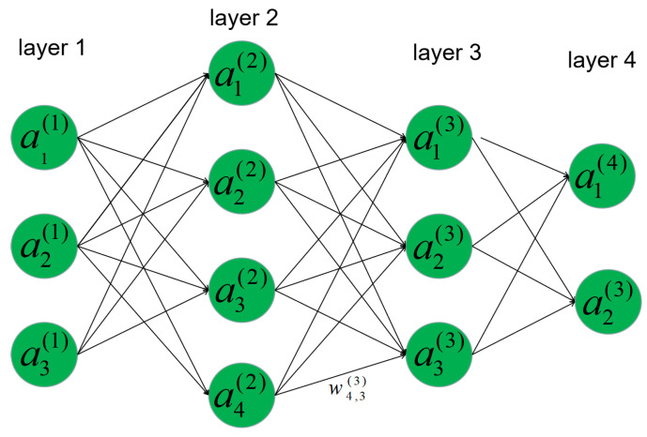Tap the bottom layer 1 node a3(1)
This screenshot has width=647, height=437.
click(45, 354)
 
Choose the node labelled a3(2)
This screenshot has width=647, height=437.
click(242, 286)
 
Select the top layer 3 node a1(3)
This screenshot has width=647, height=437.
click(439, 141)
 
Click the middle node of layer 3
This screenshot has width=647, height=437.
click(439, 247)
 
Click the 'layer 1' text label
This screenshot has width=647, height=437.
click(52, 49)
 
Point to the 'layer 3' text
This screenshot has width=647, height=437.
click(446, 53)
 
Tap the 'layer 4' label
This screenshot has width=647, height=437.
click(602, 62)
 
